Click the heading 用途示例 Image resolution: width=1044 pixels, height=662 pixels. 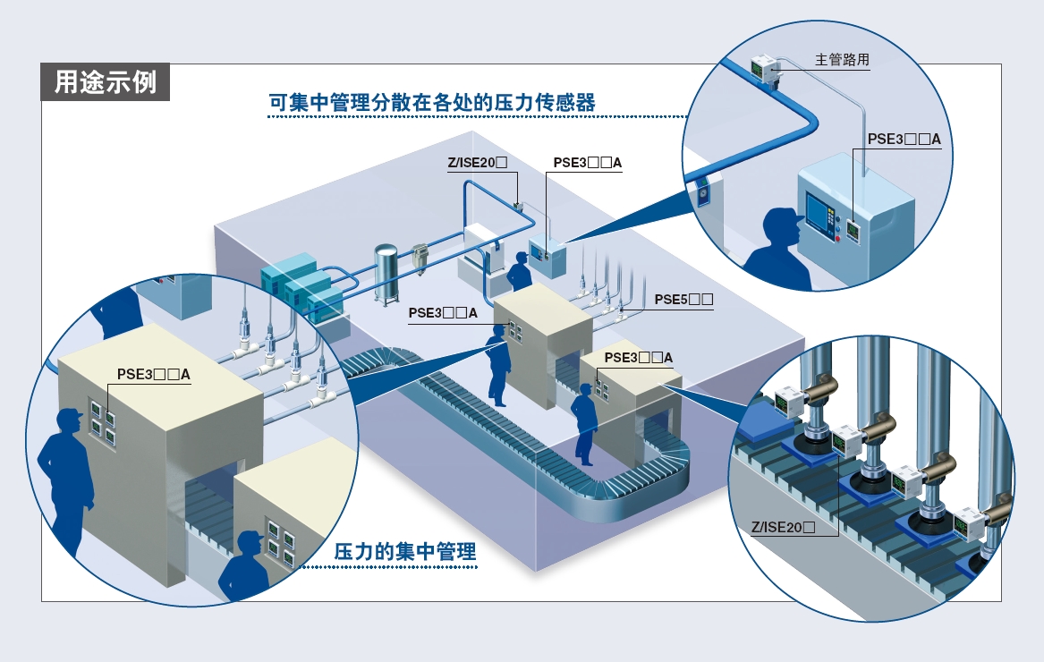point(106,82)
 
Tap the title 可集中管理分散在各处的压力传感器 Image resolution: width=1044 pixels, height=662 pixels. point(432,103)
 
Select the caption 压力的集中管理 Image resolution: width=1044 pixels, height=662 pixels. point(405,551)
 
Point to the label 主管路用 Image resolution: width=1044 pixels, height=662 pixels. point(842,59)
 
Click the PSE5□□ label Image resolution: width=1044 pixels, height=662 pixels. point(683,300)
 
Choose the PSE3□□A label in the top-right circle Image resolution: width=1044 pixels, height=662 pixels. point(904,140)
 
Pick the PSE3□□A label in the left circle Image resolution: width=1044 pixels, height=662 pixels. point(154,374)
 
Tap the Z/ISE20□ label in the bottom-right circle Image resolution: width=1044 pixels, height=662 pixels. point(783,528)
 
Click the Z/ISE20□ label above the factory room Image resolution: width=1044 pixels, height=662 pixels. point(478,163)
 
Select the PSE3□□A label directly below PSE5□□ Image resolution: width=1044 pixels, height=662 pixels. point(639,358)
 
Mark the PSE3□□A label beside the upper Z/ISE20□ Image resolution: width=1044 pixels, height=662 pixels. point(587,163)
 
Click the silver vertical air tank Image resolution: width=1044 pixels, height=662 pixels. point(386,272)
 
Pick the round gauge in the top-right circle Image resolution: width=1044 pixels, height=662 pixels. point(701,194)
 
